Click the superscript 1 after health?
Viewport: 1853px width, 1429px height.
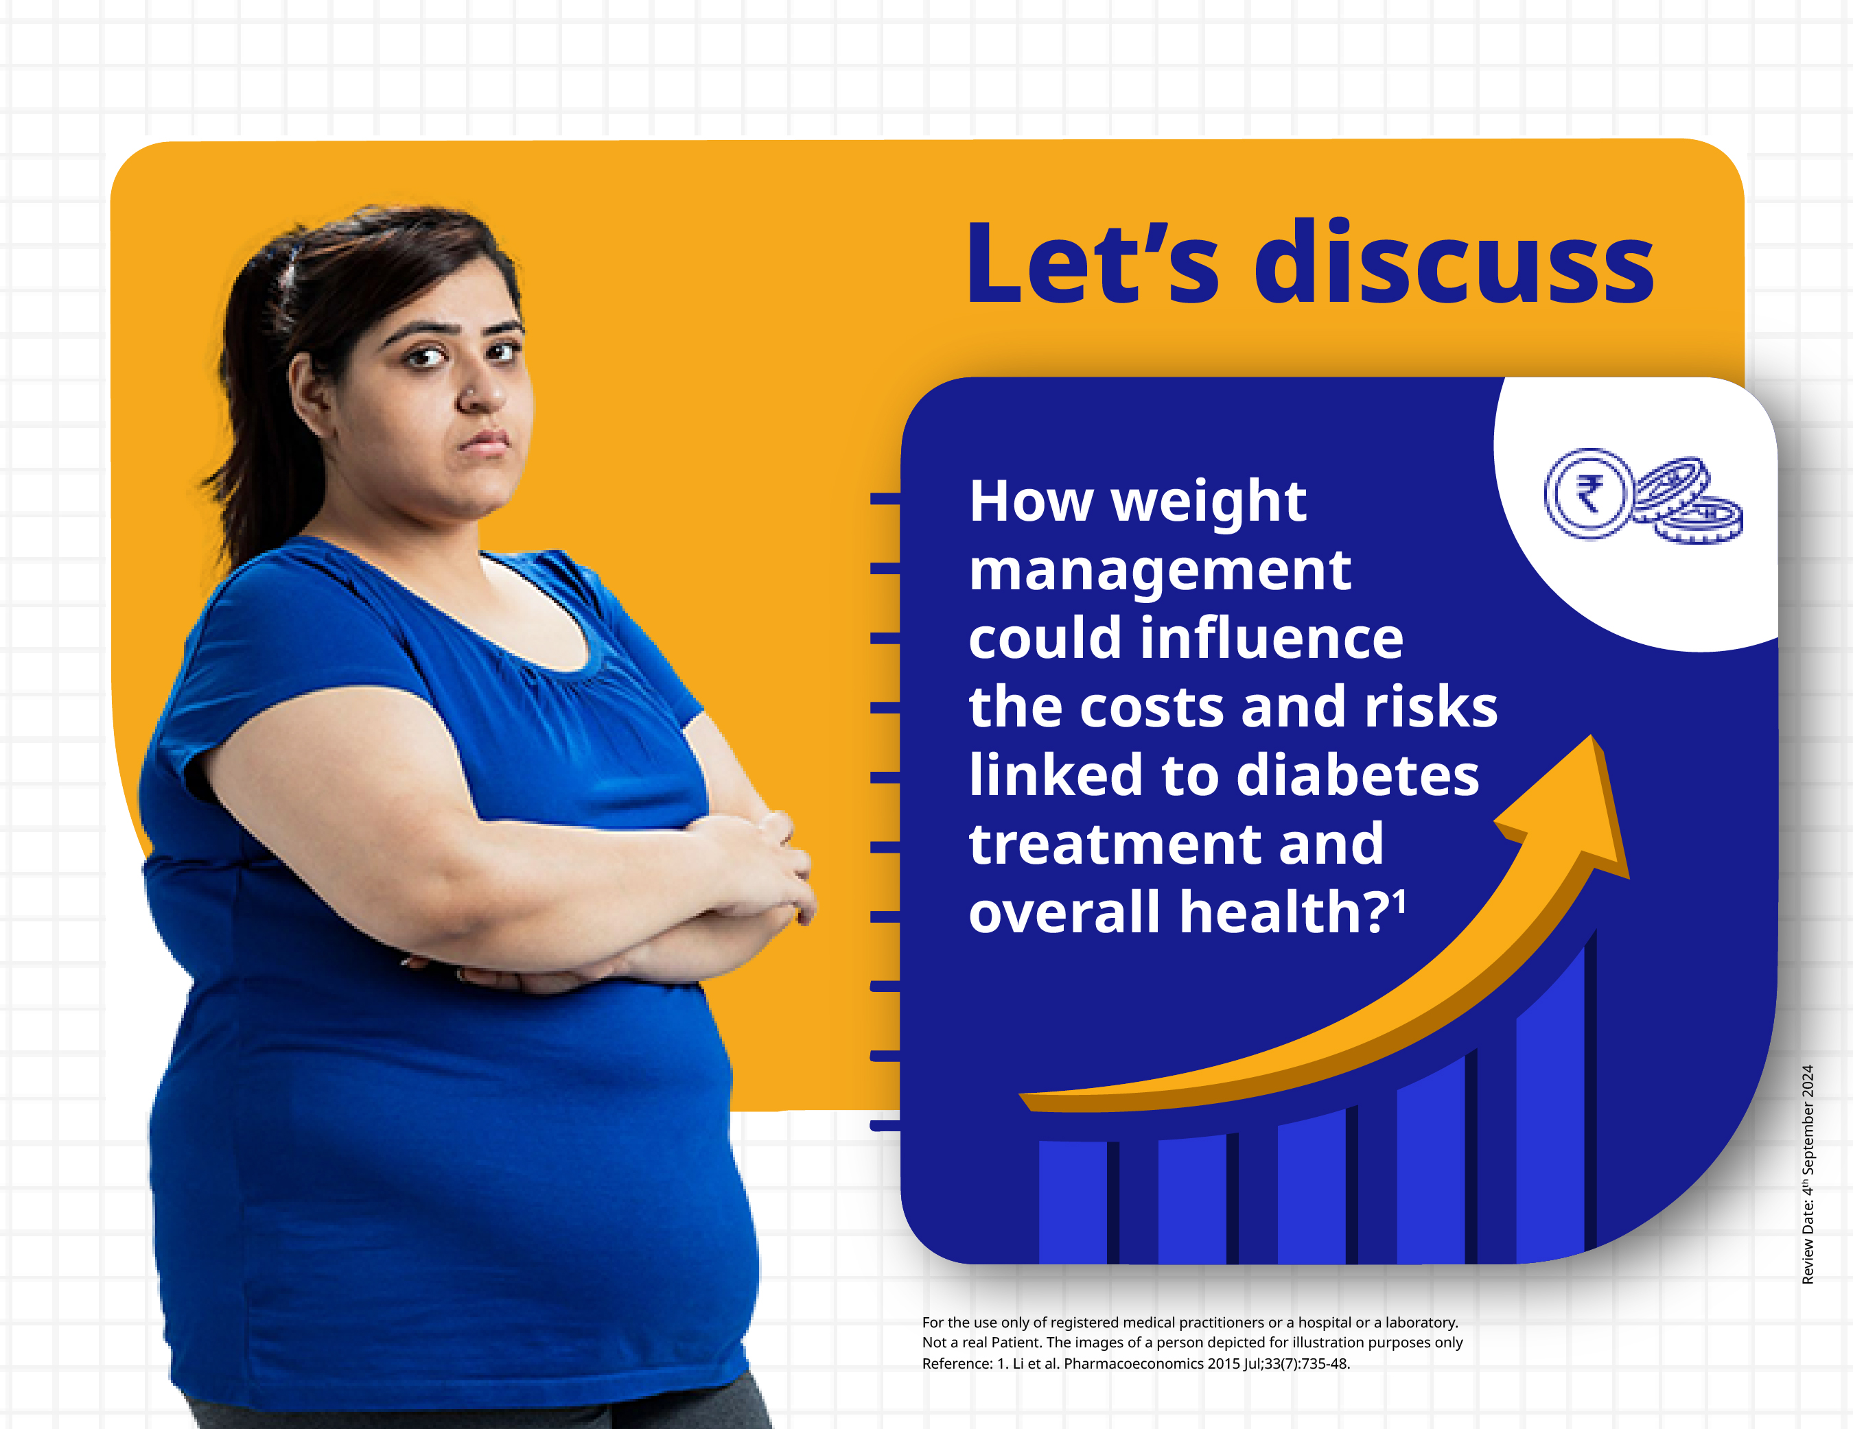1399,901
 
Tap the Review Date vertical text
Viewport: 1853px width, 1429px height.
1807,1174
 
